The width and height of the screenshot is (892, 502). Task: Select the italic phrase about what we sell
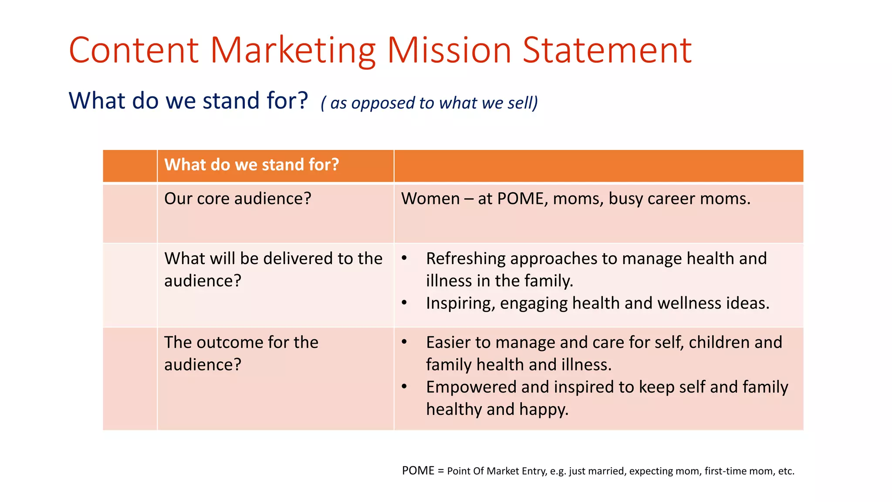point(429,103)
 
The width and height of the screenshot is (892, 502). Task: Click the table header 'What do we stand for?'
point(251,165)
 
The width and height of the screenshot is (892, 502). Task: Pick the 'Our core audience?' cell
point(238,199)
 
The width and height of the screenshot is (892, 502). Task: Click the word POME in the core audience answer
point(520,199)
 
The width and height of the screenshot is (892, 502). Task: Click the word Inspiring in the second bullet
point(460,303)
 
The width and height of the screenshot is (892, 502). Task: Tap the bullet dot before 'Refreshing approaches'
point(404,258)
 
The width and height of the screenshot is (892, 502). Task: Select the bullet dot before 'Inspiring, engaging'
point(404,302)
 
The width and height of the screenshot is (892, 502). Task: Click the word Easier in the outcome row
point(448,343)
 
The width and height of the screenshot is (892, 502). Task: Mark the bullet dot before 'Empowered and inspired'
point(404,387)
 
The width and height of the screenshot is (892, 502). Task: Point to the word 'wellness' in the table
point(689,303)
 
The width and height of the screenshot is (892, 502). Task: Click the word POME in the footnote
point(418,471)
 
